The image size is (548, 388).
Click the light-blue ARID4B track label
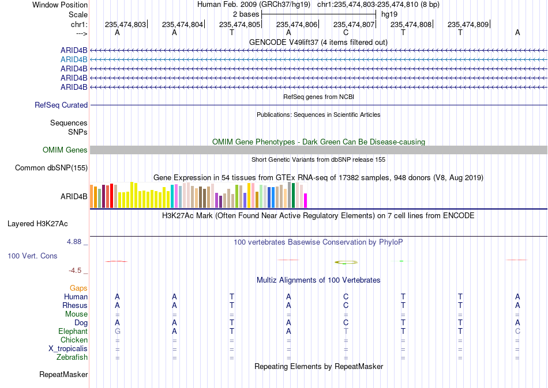(x=74, y=60)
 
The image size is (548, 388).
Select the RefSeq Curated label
(x=61, y=105)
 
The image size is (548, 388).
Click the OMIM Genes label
(x=65, y=150)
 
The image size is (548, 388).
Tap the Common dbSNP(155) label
(x=51, y=168)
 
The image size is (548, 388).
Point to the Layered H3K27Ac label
(x=37, y=224)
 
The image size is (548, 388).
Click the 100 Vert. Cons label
(x=32, y=256)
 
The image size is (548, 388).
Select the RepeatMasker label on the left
(x=63, y=374)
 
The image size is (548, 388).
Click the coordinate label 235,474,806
(x=296, y=24)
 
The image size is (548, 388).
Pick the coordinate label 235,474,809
(x=468, y=24)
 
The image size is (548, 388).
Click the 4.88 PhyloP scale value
(x=74, y=241)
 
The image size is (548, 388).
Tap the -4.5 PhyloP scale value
(x=75, y=271)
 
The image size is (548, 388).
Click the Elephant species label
(x=73, y=331)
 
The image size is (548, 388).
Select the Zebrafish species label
(x=72, y=357)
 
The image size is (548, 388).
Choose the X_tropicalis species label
(x=68, y=349)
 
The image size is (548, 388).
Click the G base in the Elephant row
(x=118, y=331)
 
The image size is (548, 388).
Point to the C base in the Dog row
(x=346, y=323)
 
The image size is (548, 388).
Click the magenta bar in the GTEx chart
(x=305, y=201)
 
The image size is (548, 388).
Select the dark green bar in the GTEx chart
(x=293, y=195)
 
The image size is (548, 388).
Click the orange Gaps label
(x=78, y=288)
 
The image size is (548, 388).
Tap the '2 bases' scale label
(x=246, y=14)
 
